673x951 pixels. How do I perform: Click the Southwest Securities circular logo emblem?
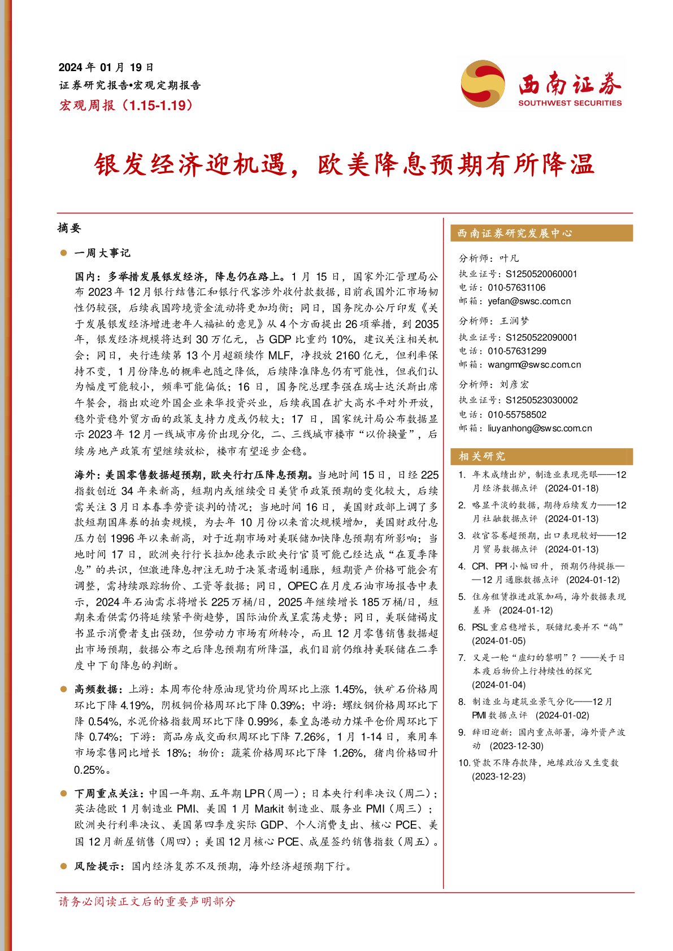point(483,84)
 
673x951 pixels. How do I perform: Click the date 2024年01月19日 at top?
point(106,68)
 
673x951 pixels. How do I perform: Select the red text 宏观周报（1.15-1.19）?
point(126,105)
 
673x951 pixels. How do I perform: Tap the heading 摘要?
point(70,228)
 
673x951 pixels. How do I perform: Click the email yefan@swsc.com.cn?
point(529,301)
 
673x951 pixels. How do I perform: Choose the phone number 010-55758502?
point(517,415)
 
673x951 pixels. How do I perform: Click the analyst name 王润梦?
point(514,321)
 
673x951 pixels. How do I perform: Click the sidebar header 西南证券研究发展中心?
point(514,233)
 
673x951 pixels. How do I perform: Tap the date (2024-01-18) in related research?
point(571,488)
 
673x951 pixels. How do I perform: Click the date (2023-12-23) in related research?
point(498,777)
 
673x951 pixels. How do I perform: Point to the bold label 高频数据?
point(96,689)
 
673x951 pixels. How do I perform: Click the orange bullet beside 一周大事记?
point(63,253)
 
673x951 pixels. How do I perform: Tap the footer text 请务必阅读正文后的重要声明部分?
point(147,902)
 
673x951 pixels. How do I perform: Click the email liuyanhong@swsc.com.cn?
point(540,428)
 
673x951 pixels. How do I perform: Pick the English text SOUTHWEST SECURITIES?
point(570,103)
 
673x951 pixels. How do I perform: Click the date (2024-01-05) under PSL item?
point(498,641)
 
